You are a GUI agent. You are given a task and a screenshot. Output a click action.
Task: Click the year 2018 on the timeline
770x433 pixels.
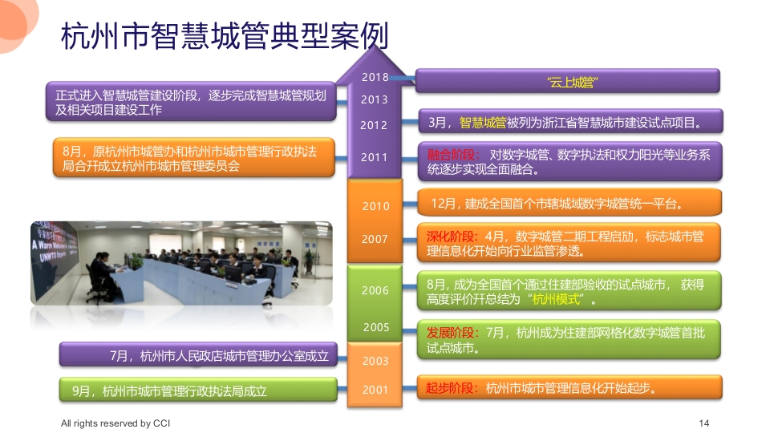(375, 77)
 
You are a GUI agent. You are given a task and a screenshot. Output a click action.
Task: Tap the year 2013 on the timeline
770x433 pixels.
(375, 99)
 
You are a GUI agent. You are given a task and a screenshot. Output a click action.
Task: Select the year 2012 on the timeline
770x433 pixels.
(374, 125)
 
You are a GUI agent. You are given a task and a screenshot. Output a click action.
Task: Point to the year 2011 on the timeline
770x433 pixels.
(375, 158)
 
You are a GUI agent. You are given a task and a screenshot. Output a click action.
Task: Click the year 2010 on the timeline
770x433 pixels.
(376, 206)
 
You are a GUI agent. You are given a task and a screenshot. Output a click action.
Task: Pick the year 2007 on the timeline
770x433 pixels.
(375, 239)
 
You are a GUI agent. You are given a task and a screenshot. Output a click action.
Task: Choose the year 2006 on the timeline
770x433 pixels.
(375, 290)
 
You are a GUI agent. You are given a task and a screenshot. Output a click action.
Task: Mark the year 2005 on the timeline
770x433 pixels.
(377, 327)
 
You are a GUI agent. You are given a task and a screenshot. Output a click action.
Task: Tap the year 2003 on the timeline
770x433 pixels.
(375, 362)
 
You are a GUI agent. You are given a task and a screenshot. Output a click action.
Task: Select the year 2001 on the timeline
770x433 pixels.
(375, 390)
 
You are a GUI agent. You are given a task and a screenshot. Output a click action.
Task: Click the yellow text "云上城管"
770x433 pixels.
(572, 82)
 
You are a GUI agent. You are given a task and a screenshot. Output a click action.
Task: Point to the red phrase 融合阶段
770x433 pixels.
(451, 155)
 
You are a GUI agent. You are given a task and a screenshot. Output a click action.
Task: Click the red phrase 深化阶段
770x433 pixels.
(450, 237)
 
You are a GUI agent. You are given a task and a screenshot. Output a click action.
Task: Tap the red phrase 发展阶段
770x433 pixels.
(450, 333)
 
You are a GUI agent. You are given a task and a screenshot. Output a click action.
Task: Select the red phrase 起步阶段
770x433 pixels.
(450, 388)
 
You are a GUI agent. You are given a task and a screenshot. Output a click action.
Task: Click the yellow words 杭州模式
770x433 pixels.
(557, 299)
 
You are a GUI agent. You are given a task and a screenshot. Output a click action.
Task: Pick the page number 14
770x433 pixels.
(704, 423)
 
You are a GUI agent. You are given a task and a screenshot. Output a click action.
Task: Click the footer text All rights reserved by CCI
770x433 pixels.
(115, 423)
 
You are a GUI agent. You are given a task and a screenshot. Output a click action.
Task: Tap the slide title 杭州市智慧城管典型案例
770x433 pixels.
(225, 36)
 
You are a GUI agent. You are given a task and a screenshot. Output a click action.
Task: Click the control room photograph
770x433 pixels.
(182, 264)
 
